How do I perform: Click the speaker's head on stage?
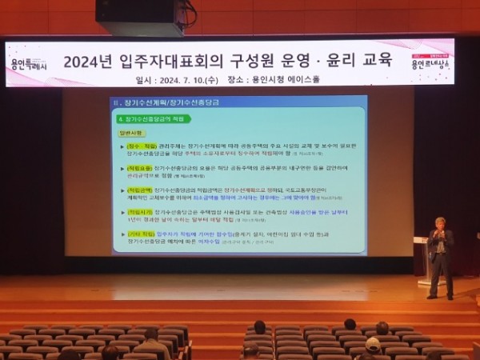pos(439,223)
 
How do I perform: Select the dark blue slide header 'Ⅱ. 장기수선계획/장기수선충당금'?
pos(161,102)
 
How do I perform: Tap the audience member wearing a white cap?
pos(373,345)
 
